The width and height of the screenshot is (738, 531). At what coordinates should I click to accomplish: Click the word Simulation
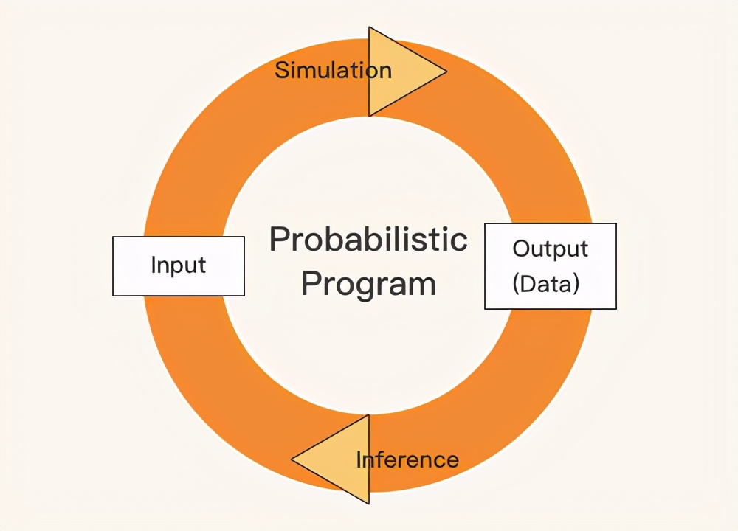334,70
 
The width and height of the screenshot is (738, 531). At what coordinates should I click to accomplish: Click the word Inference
407,459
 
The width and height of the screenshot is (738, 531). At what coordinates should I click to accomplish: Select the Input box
179,266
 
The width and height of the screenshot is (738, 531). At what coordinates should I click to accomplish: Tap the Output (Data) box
551,266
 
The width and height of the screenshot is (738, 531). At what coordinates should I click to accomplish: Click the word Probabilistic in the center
368,239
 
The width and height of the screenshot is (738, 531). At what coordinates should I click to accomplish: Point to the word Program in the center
368,284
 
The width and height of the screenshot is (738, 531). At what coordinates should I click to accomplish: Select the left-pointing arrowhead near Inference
331,459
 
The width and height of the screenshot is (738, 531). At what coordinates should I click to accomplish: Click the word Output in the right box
551,249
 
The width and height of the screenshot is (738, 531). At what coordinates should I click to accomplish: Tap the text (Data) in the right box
546,284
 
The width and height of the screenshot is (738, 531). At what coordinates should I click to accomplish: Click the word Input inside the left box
179,265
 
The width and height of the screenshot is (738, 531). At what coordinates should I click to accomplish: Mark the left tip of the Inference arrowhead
292,459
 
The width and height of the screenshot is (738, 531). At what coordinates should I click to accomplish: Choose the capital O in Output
522,249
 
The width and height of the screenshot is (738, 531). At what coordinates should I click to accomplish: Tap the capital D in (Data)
528,284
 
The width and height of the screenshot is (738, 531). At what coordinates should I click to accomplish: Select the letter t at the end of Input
201,265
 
